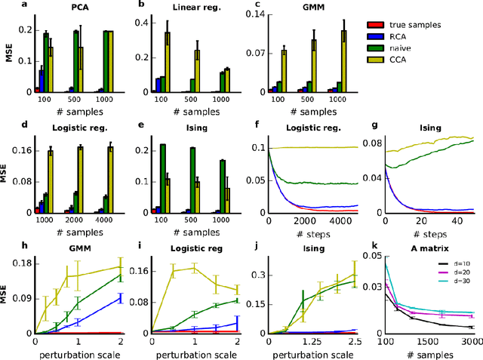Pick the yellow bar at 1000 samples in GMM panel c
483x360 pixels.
click(343, 61)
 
